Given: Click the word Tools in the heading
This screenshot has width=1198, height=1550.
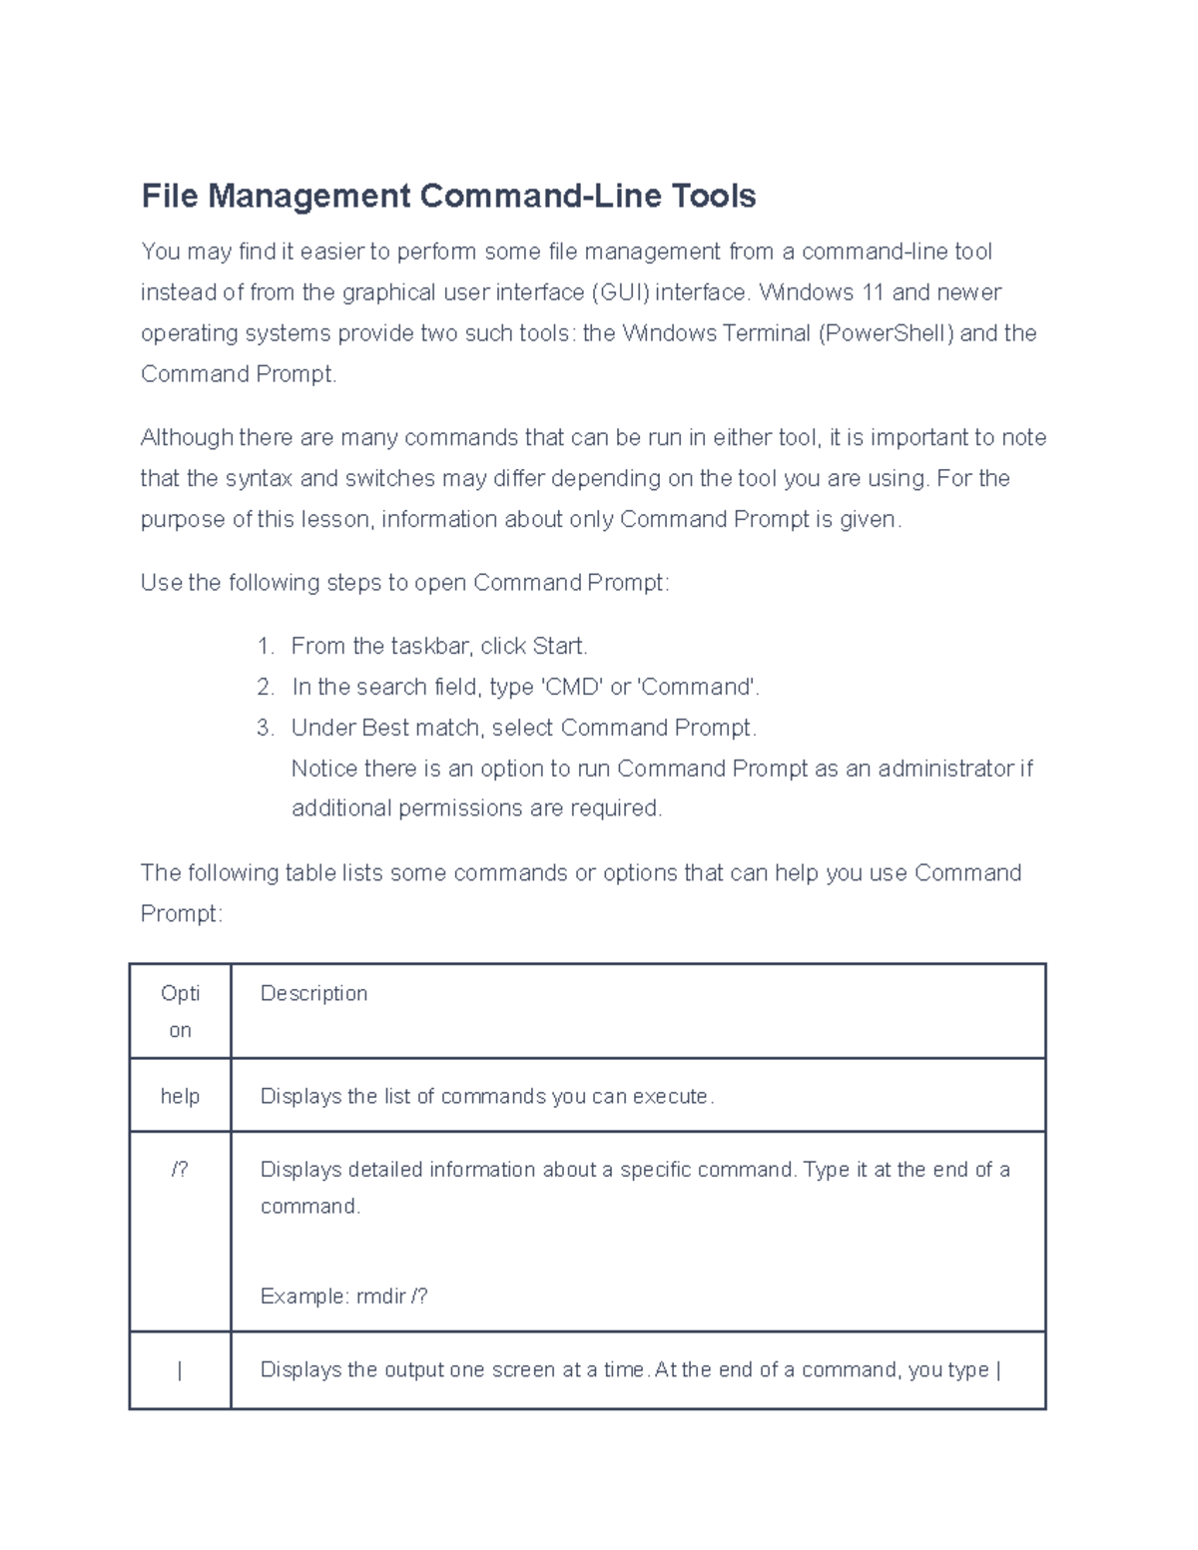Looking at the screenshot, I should pos(713,196).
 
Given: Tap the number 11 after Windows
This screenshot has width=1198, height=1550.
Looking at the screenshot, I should pos(873,292).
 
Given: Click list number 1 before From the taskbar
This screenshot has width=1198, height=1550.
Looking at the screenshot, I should pos(265,647).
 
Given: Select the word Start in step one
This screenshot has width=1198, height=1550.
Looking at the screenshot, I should pos(558,647).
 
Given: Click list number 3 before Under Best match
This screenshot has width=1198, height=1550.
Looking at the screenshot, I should pos(265,729).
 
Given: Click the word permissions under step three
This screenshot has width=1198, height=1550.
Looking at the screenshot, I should pos(460,809).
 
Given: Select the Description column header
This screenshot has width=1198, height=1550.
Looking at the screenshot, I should pos(313,994).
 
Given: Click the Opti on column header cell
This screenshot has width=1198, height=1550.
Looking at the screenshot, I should pos(180,1011).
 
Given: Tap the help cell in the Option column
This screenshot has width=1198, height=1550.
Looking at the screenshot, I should pos(180,1097).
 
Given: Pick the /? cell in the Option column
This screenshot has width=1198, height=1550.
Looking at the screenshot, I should pos(180,1170).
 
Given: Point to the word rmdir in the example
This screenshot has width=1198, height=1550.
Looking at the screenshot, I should pos(380,1296).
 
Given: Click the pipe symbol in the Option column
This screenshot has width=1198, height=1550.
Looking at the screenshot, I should pos(180,1371).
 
